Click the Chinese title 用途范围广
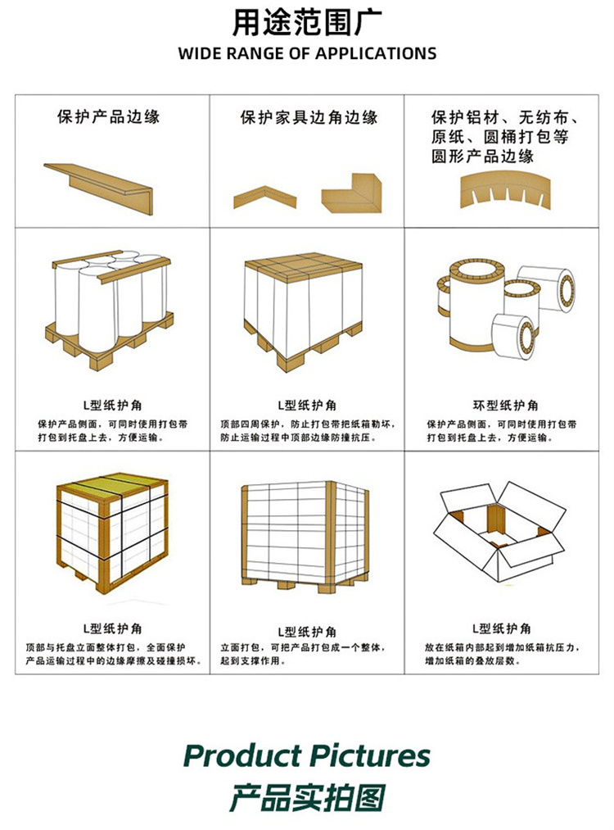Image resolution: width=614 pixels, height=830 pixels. pyautogui.click(x=307, y=23)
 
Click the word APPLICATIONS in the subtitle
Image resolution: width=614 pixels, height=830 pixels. pyautogui.click(x=376, y=53)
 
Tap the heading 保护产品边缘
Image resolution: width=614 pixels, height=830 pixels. pyautogui.click(x=108, y=116)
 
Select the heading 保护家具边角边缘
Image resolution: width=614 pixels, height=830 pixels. pyautogui.click(x=309, y=117)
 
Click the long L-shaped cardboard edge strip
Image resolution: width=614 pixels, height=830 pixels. pyautogui.click(x=99, y=188)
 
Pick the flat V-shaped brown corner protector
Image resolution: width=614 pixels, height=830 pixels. pyautogui.click(x=265, y=196)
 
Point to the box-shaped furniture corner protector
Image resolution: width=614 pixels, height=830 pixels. pyautogui.click(x=352, y=193)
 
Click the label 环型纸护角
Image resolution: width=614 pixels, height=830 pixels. pyautogui.click(x=505, y=406)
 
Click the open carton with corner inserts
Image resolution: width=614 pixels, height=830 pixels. pyautogui.click(x=499, y=531)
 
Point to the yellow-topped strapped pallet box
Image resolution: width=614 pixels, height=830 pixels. pyautogui.click(x=112, y=533)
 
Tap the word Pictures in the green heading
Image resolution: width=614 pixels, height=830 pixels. pyautogui.click(x=370, y=756)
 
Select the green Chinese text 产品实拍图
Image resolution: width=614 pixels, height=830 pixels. pyautogui.click(x=307, y=798)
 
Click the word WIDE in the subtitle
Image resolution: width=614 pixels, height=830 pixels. pyautogui.click(x=199, y=53)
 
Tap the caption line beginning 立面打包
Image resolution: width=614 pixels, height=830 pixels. pyautogui.click(x=303, y=647)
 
